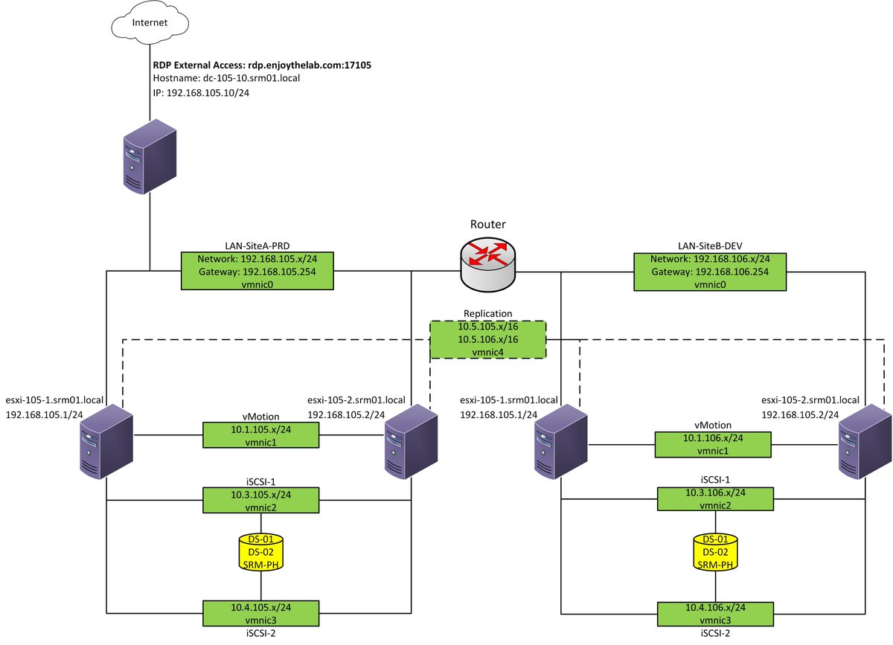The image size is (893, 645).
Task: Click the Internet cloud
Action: pos(150,23)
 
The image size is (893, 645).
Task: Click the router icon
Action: pos(488,264)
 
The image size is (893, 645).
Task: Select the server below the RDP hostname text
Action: pos(150,157)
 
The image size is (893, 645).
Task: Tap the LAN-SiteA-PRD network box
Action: pos(257,271)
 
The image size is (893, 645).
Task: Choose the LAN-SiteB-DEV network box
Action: pos(710,272)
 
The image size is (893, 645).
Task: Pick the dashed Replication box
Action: pos(488,340)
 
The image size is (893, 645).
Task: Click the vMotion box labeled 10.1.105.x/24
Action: pos(260,435)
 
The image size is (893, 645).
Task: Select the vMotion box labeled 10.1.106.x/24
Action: pos(713,444)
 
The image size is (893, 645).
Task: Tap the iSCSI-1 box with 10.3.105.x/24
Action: pos(260,500)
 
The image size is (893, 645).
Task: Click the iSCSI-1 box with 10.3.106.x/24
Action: pos(715,498)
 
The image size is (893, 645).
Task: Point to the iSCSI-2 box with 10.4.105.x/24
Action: pos(260,614)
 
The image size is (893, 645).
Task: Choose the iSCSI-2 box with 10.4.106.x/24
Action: pos(715,614)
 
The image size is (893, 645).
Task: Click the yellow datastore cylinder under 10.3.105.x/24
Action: pos(260,552)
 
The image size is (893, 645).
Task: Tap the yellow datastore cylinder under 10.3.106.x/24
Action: pos(715,552)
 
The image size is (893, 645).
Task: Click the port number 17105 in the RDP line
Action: pos(358,65)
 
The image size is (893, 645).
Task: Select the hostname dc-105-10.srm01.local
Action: pos(252,78)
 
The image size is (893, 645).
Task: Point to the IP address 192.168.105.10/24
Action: pos(208,93)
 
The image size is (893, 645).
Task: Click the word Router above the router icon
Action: pos(488,224)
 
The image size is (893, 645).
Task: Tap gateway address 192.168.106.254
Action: pos(732,272)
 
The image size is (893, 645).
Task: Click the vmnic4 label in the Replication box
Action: pos(488,353)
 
